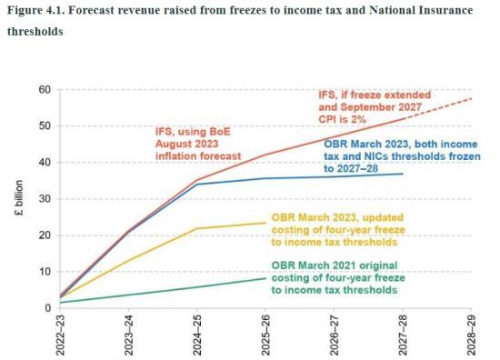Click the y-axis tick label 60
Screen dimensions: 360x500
[x=43, y=89]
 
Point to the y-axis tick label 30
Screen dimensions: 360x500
[x=43, y=198]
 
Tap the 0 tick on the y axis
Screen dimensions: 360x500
[x=45, y=308]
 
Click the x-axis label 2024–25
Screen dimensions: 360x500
[x=198, y=336]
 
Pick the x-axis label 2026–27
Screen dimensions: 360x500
[x=335, y=336]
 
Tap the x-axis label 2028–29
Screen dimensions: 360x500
[x=471, y=336]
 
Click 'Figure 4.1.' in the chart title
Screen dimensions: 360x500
[x=35, y=11]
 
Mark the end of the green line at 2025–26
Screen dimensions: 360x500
[x=266, y=277]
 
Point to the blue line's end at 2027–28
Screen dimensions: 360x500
[x=403, y=174]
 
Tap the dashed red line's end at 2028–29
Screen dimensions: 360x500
[x=471, y=98]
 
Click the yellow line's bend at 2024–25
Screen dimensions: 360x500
[x=198, y=228]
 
